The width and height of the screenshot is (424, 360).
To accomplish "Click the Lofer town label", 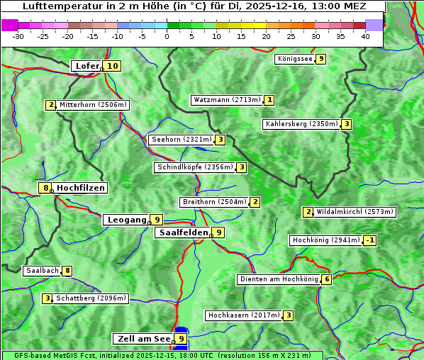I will click(87, 66).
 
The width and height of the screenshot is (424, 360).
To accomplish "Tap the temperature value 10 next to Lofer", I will click(112, 66).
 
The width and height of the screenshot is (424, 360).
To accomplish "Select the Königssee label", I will click(294, 59).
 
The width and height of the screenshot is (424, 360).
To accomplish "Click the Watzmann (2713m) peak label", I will click(227, 100).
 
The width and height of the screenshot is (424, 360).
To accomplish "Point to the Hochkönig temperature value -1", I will click(369, 240).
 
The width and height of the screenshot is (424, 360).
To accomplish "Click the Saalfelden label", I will click(183, 232).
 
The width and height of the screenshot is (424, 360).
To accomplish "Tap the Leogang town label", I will click(127, 220).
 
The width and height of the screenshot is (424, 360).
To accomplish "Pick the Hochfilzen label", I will click(81, 188).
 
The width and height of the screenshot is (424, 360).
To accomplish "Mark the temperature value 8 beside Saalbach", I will click(67, 271).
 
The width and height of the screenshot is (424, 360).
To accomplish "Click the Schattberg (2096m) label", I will click(91, 298).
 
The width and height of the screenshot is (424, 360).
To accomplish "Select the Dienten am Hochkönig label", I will click(278, 279).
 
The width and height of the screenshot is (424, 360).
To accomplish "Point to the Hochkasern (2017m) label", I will click(243, 315).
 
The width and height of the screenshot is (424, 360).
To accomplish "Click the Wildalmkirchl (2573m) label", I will click(355, 211).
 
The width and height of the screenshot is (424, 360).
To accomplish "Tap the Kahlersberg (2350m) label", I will click(301, 124).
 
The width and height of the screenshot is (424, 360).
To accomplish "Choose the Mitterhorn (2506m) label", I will click(92, 105).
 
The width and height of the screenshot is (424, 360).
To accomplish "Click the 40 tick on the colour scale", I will click(365, 36).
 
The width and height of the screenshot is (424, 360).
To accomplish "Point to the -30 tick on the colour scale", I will click(18, 36).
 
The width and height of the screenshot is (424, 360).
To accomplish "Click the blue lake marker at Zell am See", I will click(182, 330).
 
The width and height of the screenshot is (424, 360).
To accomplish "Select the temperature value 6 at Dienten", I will click(326, 279).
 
